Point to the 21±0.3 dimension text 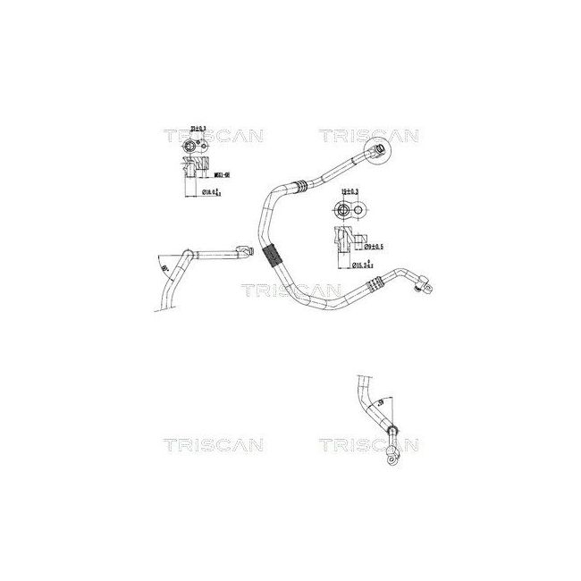pos(195,131)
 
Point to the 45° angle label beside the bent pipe pos(163,266)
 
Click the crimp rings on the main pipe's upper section pos(302,185)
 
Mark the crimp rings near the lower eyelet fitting pos(370,285)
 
